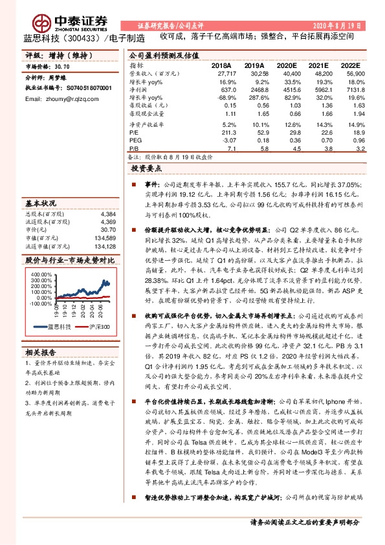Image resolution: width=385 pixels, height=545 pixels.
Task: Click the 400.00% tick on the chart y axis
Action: pos(40,274)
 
